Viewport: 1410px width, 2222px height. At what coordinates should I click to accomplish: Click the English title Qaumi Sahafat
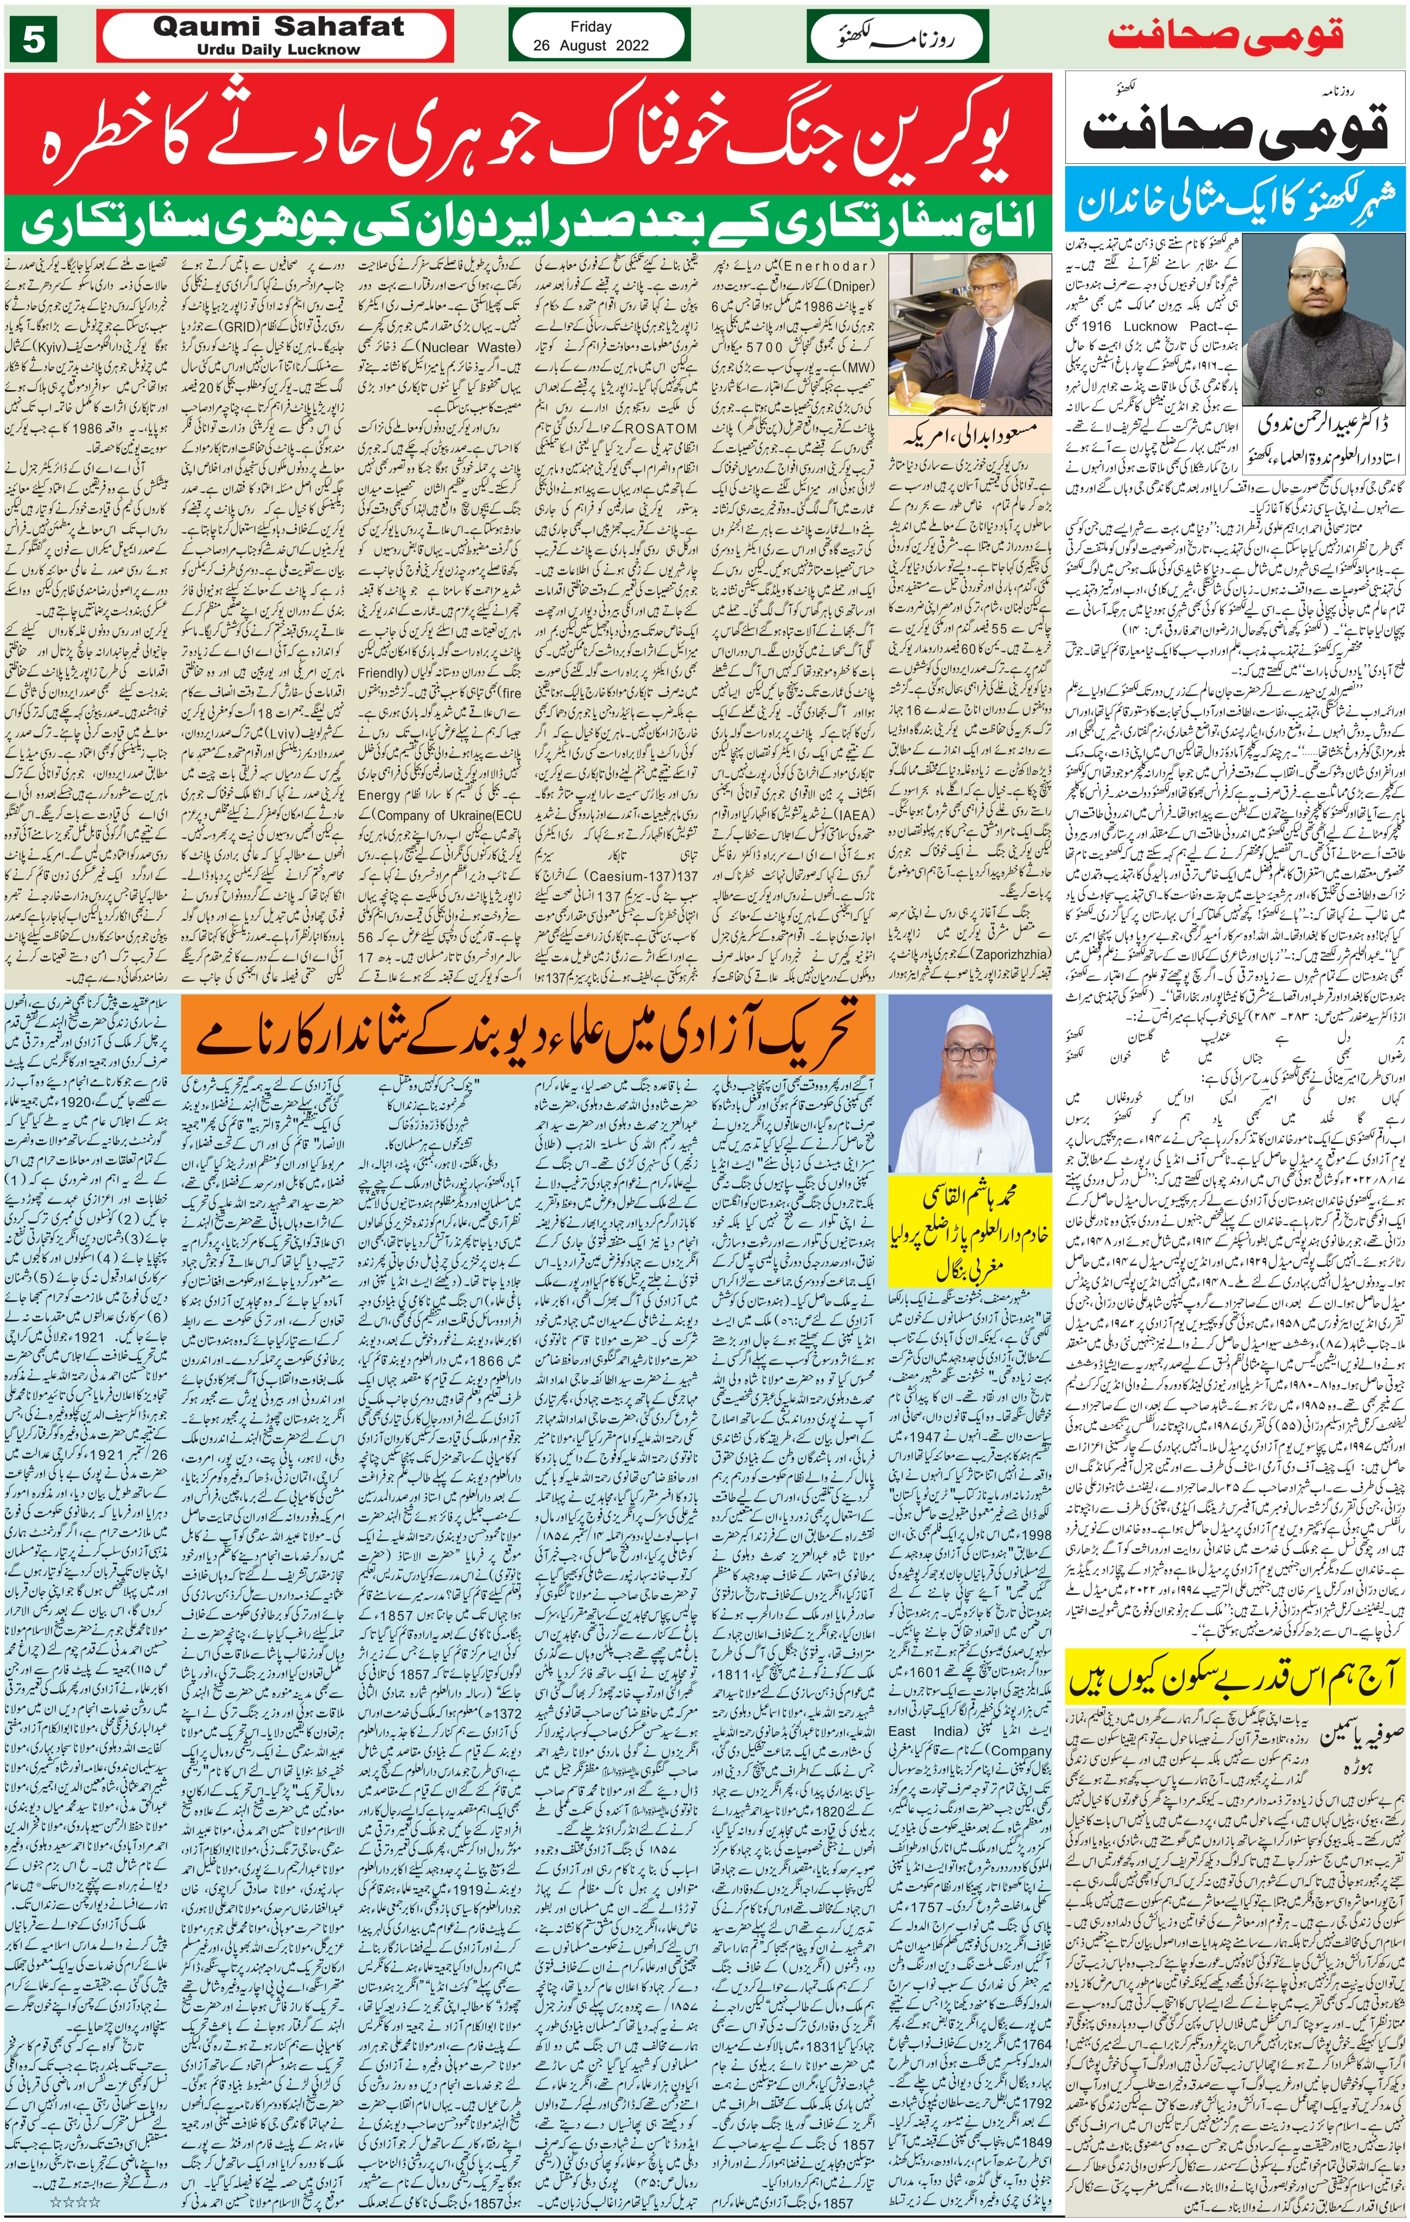pyautogui.click(x=278, y=28)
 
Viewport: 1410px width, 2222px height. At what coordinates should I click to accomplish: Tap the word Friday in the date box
pyautogui.click(x=590, y=27)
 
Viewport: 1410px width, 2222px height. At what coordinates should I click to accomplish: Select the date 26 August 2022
pyautogui.click(x=590, y=45)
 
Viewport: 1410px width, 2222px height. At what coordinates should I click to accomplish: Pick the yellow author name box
pyautogui.click(x=969, y=1231)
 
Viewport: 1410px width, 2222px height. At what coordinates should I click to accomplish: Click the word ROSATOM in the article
pyautogui.click(x=660, y=429)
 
